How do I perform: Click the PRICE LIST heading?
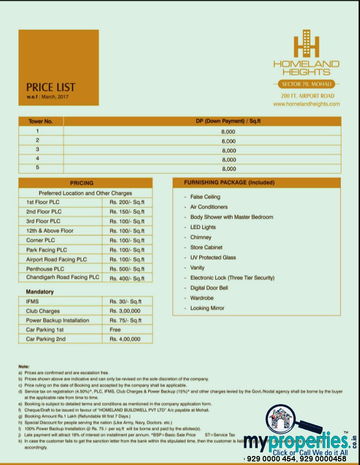50,87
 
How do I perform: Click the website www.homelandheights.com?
306,104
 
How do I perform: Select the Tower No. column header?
41,121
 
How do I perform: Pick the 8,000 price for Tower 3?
228,151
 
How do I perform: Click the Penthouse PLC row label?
46,269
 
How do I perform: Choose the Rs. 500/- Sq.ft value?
127,269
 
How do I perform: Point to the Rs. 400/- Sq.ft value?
127,278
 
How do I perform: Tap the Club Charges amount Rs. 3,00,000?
125,311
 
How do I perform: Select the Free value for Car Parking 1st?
115,330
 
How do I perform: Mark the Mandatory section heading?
40,292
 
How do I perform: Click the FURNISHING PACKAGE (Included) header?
229,183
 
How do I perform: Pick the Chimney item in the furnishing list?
201,237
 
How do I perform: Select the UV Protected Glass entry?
213,258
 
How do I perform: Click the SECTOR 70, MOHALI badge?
306,84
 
